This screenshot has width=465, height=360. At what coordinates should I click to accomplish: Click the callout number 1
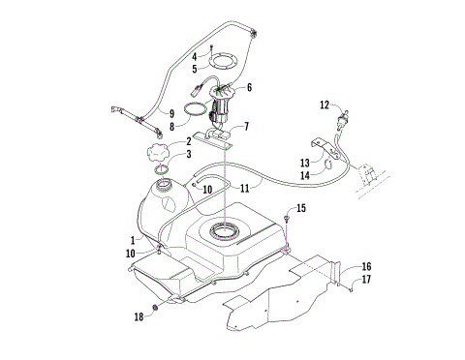pyautogui.click(x=134, y=239)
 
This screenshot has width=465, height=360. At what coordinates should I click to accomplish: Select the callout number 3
pyautogui.click(x=187, y=155)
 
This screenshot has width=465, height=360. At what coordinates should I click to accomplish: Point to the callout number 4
pyautogui.click(x=195, y=55)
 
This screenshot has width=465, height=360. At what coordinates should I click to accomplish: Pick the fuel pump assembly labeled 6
pyautogui.click(x=224, y=100)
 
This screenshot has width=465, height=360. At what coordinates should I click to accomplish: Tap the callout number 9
pyautogui.click(x=171, y=113)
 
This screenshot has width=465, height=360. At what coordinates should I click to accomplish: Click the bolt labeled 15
pyautogui.click(x=290, y=223)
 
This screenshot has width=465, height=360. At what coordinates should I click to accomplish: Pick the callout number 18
pyautogui.click(x=139, y=316)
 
